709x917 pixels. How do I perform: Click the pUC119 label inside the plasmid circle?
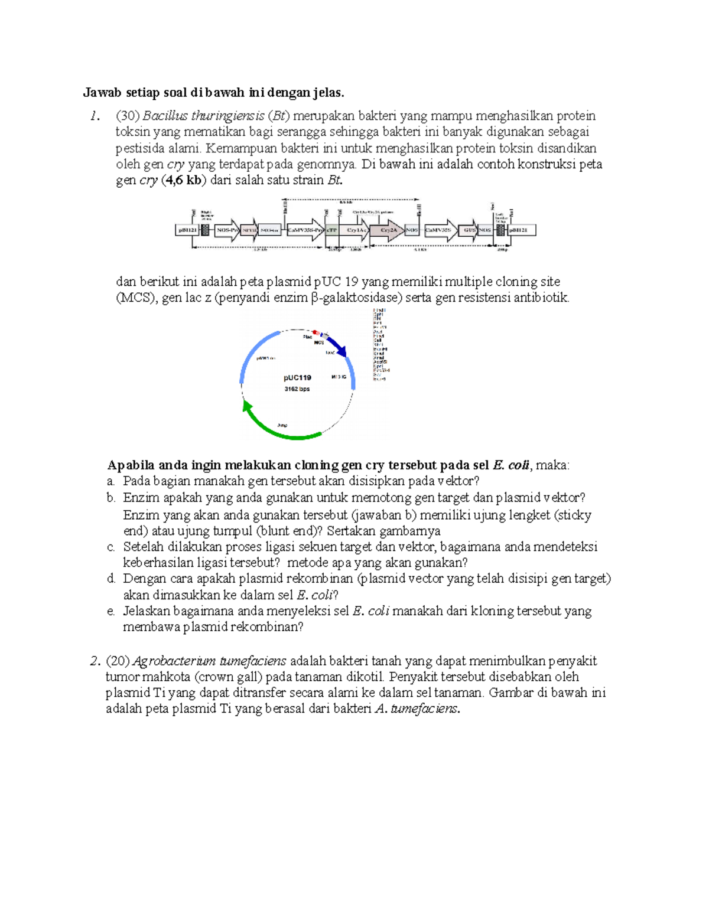297,378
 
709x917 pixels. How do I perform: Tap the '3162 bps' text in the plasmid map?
297,389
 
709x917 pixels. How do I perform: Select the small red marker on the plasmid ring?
316,332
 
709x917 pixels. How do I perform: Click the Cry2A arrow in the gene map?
387,230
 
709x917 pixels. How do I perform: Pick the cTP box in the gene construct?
333,230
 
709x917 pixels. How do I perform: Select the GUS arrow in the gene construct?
469,230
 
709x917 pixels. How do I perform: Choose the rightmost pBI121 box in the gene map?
522,230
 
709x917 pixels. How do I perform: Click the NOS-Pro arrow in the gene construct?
226,230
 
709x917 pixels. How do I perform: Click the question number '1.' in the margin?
95,116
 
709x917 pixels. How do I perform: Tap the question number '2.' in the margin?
95,661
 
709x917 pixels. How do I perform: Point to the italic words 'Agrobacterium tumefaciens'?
210,661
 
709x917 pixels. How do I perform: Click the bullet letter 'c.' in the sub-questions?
110,547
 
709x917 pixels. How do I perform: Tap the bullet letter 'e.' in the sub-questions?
110,611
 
